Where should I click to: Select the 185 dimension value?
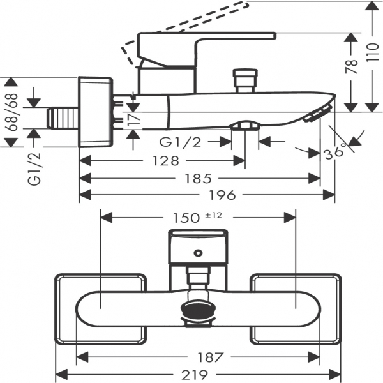coord(199,179)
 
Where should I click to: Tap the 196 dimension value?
coord(205,195)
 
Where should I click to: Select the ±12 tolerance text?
coord(213,215)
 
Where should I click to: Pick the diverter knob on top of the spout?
coord(244,80)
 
